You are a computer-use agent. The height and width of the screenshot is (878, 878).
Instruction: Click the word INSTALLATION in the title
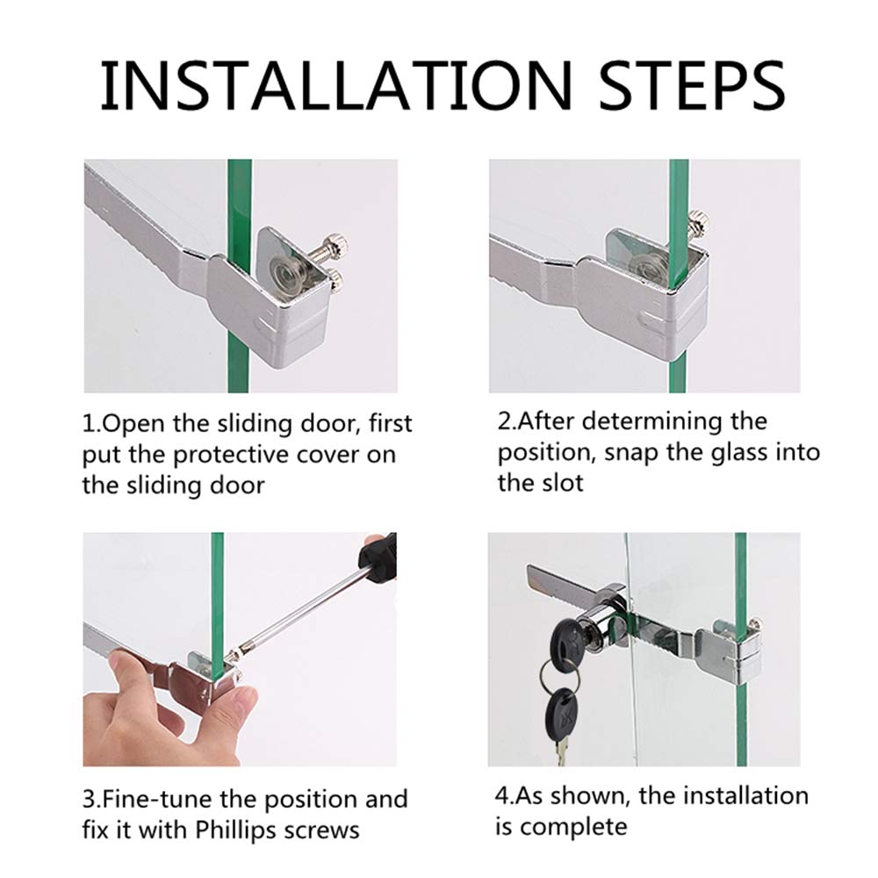[336, 85]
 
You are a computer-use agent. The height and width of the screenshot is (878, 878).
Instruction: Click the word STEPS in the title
[692, 85]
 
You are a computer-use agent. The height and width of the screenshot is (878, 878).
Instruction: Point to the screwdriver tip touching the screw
[231, 654]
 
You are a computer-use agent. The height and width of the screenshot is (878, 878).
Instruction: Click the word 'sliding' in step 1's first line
[255, 424]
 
